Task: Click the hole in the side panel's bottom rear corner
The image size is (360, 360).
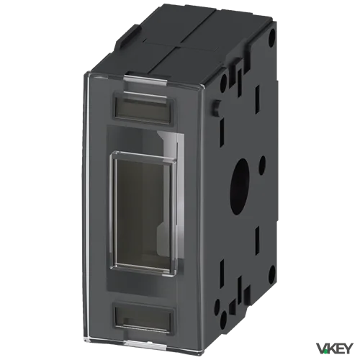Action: tap(272, 273)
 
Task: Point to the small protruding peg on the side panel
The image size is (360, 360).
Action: tap(217, 107)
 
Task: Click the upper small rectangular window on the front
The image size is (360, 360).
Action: tap(144, 107)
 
